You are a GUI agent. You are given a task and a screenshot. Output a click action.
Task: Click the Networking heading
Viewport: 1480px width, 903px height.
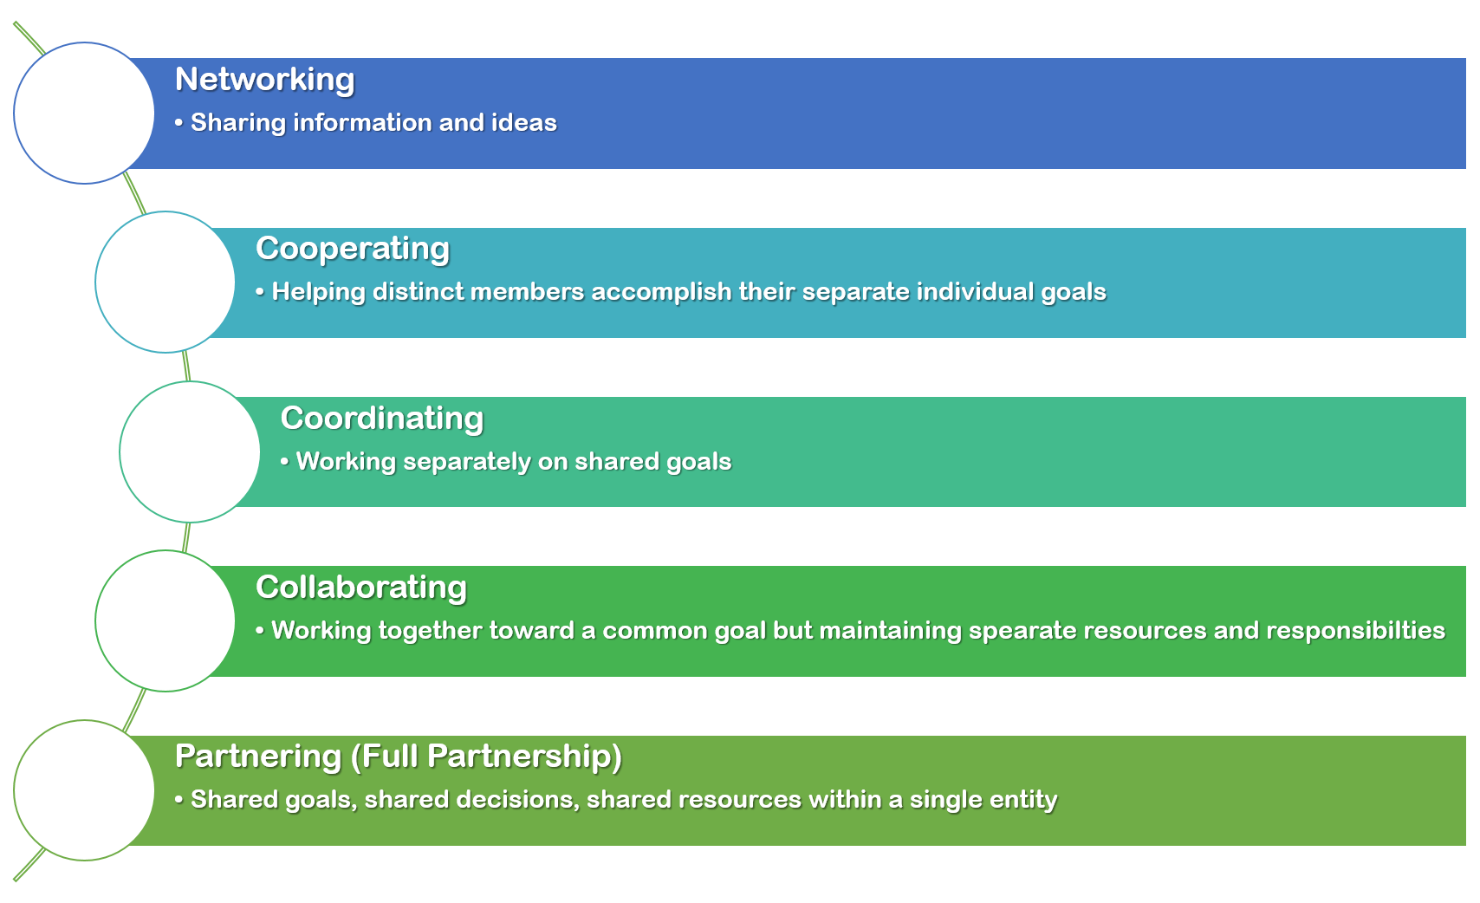[265, 80]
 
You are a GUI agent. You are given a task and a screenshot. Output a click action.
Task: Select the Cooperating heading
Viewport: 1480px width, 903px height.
[353, 250]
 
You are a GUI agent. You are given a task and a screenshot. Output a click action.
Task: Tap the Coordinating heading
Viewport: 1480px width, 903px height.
[382, 419]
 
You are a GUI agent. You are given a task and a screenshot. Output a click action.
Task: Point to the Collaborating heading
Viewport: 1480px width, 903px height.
[361, 588]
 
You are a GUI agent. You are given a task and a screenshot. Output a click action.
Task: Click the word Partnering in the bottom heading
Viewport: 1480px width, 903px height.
[258, 757]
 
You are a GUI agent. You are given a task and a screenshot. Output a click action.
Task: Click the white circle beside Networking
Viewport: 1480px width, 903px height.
[84, 113]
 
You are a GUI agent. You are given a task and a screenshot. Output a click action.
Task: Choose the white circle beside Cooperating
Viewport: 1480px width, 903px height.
[166, 282]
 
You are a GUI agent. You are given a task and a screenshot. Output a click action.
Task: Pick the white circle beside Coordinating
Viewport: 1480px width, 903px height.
[190, 451]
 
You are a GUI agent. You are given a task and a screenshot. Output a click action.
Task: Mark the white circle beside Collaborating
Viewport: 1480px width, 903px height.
[166, 621]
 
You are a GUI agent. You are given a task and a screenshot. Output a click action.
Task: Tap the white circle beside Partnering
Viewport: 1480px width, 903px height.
[84, 790]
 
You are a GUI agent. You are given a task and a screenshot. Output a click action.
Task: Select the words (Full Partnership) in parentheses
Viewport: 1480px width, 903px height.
[486, 757]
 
